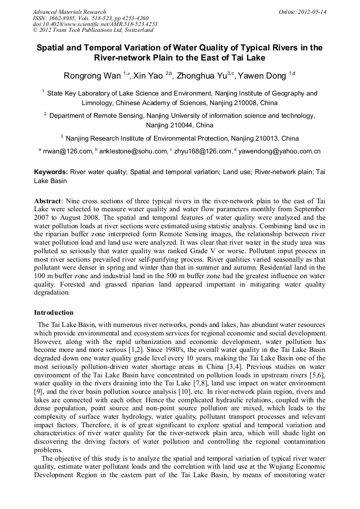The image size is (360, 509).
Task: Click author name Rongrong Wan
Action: tap(92, 76)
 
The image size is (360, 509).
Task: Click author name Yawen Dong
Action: tap(262, 76)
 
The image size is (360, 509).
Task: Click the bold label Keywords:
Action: tap(51, 172)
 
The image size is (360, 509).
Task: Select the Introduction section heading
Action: tap(54, 313)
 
